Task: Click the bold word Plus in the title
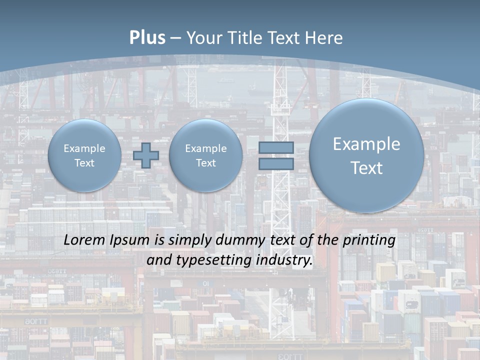click(147, 38)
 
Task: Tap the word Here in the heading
click(324, 38)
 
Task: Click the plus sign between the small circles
click(146, 155)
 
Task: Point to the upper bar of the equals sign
click(276, 147)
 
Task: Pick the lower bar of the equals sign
click(276, 164)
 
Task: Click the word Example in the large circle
click(366, 144)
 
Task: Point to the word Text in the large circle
click(366, 168)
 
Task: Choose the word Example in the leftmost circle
click(84, 148)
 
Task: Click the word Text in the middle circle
click(205, 163)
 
